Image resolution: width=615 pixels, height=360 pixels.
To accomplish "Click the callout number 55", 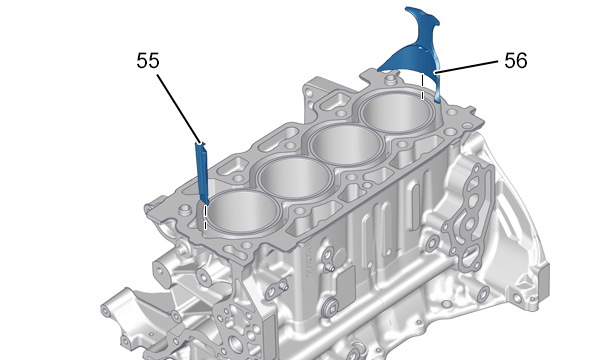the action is [x=148, y=61].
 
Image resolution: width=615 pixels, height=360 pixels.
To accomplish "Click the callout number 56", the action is [x=515, y=61].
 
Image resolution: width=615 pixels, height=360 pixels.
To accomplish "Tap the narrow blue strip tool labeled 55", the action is [x=202, y=173].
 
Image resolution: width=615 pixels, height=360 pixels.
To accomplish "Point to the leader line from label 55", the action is [x=179, y=109].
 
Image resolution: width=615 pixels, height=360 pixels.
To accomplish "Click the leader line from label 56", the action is [x=466, y=67].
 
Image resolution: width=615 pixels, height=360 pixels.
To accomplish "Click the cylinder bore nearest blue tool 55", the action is [x=242, y=212].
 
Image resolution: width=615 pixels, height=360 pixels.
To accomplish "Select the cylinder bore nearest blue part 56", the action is [x=397, y=112].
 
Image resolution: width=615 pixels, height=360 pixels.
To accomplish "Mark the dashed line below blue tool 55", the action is [x=205, y=217].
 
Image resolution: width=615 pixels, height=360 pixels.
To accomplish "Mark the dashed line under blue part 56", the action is [x=422, y=87].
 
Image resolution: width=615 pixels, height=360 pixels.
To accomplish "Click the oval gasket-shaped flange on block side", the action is [x=468, y=220].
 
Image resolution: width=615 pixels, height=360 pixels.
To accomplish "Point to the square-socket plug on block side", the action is [x=330, y=309].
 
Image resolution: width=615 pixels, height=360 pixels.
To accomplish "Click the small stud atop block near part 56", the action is [x=389, y=80].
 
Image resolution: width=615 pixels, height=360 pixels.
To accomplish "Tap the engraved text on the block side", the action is [x=308, y=260].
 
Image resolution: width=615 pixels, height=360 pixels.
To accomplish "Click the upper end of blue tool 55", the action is [x=201, y=143].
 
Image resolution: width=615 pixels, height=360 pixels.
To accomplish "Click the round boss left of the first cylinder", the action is [x=184, y=211].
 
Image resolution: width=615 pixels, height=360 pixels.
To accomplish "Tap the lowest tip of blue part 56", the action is [x=438, y=102].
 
